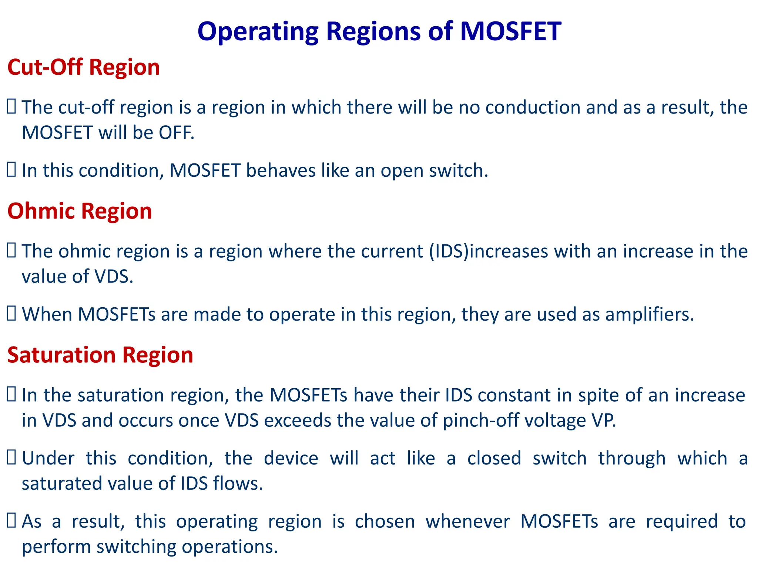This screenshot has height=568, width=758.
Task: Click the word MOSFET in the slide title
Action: pyautogui.click(x=510, y=31)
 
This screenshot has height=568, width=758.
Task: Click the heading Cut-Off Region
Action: pyautogui.click(x=83, y=67)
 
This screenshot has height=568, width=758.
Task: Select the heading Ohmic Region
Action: pyautogui.click(x=80, y=211)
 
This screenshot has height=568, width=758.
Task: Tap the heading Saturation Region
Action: pyautogui.click(x=100, y=355)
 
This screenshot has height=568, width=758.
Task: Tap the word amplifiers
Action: pyautogui.click(x=650, y=314)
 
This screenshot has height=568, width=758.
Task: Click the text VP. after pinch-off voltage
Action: pyautogui.click(x=604, y=420)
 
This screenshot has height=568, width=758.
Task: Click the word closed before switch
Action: pyautogui.click(x=494, y=458)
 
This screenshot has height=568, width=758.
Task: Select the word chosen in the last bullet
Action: pyautogui.click(x=385, y=521)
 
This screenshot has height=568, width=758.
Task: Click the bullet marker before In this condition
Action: pyautogui.click(x=11, y=170)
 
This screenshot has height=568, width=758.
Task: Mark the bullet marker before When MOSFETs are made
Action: pyautogui.click(x=11, y=314)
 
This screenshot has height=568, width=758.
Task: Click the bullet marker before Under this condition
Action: pyautogui.click(x=11, y=458)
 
